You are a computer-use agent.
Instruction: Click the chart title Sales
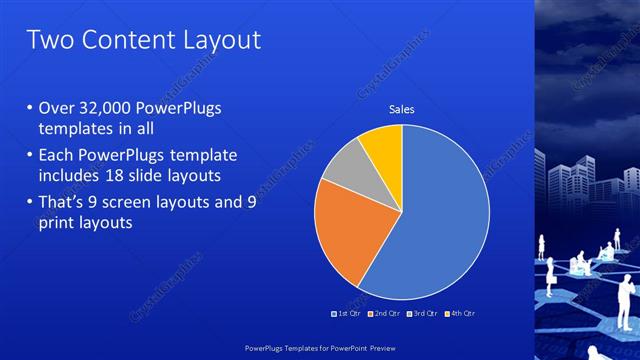(402, 109)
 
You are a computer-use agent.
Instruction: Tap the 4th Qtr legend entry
(460, 314)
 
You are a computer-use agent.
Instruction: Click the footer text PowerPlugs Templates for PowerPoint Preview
(320, 348)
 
